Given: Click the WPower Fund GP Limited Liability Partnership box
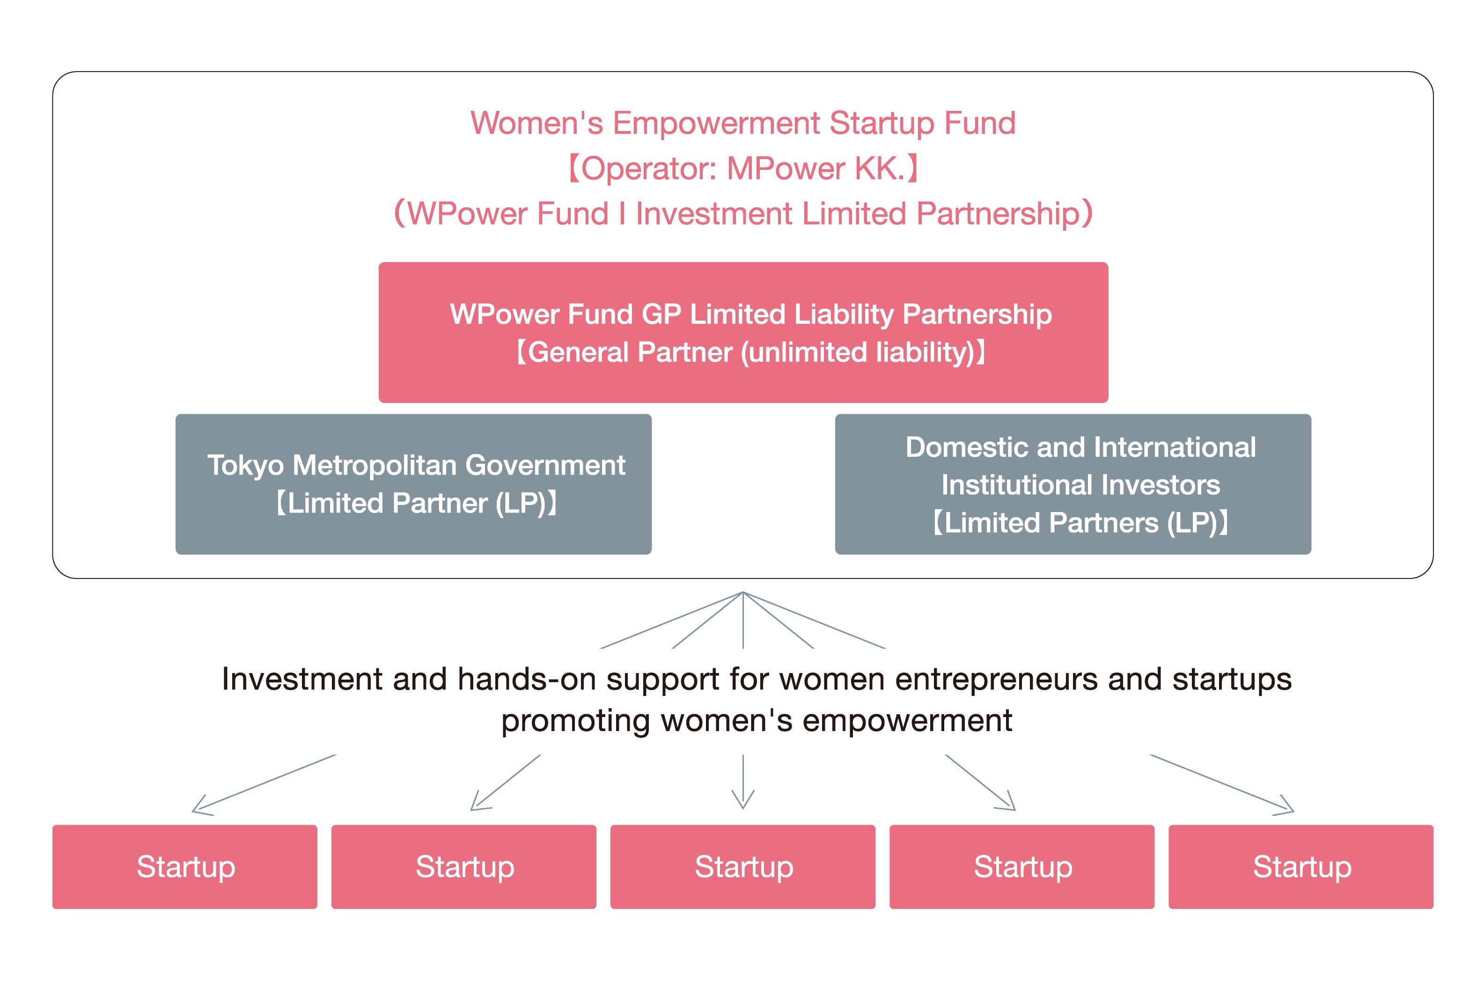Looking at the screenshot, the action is point(743,332).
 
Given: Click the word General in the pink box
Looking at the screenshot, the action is point(578,352).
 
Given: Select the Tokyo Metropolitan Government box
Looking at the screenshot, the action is point(413,484).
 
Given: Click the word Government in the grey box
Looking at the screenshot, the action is point(545,466).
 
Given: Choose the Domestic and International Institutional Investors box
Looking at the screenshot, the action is point(1073,484).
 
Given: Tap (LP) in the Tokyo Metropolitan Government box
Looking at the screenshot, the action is point(520,503).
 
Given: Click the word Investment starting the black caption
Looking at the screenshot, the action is point(302,679).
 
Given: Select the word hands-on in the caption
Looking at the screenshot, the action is point(526,679).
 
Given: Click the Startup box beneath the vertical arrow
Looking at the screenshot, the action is point(743,867).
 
